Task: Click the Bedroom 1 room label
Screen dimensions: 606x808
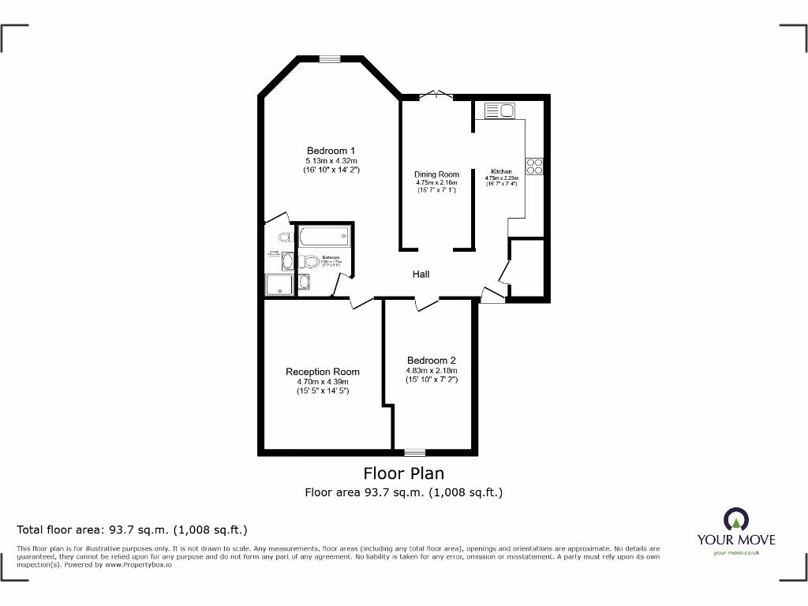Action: click(331, 151)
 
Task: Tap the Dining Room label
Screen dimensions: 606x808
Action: click(436, 174)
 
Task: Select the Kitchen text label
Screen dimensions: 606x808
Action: click(501, 171)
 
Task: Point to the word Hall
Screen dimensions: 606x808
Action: click(421, 275)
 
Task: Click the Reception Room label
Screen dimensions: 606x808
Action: click(322, 372)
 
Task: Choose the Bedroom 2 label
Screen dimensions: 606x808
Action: click(431, 360)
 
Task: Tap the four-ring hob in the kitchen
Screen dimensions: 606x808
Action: click(534, 166)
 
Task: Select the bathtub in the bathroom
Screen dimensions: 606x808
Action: click(324, 235)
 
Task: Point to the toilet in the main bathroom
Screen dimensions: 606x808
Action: click(309, 261)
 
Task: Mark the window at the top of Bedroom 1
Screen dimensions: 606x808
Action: click(330, 58)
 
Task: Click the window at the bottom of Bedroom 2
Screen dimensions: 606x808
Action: click(414, 453)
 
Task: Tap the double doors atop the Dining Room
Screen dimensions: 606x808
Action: click(435, 95)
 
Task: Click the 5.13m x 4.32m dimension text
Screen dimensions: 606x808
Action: click(331, 160)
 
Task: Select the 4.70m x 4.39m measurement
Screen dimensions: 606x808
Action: click(322, 382)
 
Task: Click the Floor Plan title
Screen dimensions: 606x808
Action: click(403, 473)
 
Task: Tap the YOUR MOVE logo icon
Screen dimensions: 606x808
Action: click(735, 519)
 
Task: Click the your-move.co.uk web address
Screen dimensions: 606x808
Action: click(735, 553)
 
